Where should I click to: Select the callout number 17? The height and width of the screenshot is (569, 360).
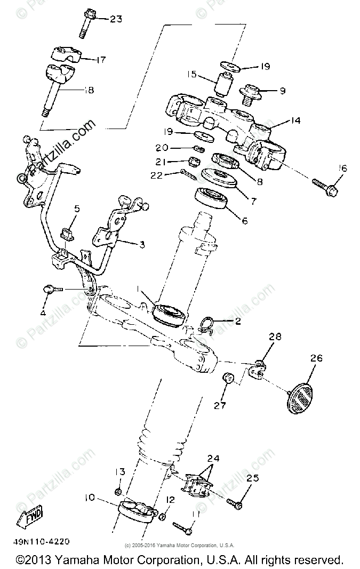click(x=100, y=60)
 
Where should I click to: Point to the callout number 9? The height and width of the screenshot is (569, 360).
click(x=282, y=91)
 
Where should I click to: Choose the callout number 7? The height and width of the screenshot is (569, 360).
click(x=253, y=202)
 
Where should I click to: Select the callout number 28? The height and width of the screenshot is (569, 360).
click(x=275, y=337)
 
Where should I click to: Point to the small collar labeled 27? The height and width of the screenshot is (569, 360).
click(x=227, y=379)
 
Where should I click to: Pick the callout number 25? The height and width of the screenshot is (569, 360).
click(x=252, y=478)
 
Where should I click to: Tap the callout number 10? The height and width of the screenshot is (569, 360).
click(x=89, y=497)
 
